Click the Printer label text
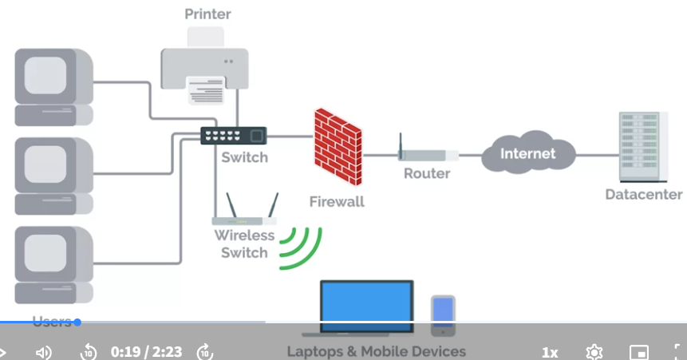pyautogui.click(x=207, y=14)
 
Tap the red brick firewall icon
pyautogui.click(x=338, y=147)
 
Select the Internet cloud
pyautogui.click(x=528, y=152)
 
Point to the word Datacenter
pyautogui.click(x=644, y=194)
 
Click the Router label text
pyautogui.click(x=427, y=173)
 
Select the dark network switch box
pyautogui.click(x=234, y=136)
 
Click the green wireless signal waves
pyautogui.click(x=302, y=248)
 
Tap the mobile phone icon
pyautogui.click(x=443, y=316)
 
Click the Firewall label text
pyautogui.click(x=337, y=202)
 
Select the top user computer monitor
pyautogui.click(x=54, y=87)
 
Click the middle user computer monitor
pyautogui.click(x=54, y=176)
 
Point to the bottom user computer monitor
pyautogui.click(x=54, y=265)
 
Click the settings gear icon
pyautogui.click(x=594, y=352)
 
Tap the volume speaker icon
pyautogui.click(x=43, y=352)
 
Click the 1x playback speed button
pyautogui.click(x=550, y=352)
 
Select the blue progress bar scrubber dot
pyautogui.click(x=77, y=322)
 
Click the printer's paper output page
pyautogui.click(x=206, y=90)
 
